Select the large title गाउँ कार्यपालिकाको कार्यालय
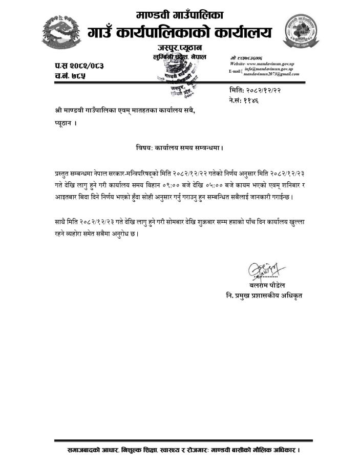[x=180, y=33]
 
